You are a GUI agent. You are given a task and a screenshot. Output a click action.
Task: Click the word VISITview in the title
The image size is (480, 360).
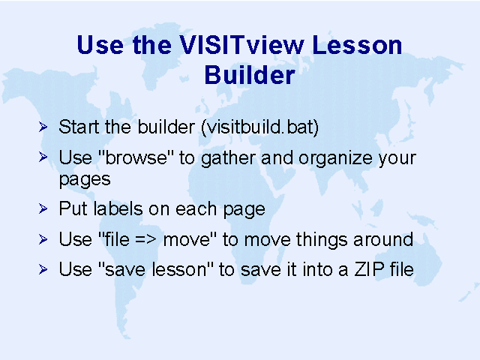pos(241,45)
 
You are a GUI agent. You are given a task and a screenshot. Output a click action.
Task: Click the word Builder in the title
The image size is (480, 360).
pos(250,75)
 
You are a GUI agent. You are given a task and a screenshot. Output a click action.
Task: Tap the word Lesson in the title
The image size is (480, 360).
pos(357,45)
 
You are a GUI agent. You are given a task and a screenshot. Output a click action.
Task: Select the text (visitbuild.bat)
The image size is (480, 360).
pos(260,127)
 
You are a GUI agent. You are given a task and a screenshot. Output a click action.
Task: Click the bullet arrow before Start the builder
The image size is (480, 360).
pos(43,127)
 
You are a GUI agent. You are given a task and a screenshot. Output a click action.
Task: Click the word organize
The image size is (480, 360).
pos(336,159)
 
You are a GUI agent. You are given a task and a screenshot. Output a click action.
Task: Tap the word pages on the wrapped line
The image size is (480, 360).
pos(85,180)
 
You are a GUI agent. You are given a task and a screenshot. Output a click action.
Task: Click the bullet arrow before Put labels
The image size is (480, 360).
pos(43,208)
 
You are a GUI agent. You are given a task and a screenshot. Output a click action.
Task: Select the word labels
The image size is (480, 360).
pos(118,208)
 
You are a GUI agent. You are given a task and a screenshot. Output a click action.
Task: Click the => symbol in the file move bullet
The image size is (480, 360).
pos(145,239)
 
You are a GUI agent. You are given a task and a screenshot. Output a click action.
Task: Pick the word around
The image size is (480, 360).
pos(383,239)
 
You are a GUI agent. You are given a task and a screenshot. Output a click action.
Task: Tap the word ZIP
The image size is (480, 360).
pos(369,269)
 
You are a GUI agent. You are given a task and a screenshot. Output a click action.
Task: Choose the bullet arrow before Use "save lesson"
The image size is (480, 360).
pos(43,269)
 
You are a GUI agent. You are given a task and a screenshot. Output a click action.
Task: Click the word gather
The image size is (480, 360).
pos(228,159)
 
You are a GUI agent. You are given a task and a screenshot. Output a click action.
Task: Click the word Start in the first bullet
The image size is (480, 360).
pos(79,127)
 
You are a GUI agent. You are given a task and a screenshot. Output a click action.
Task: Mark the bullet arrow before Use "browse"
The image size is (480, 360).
pos(43,157)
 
